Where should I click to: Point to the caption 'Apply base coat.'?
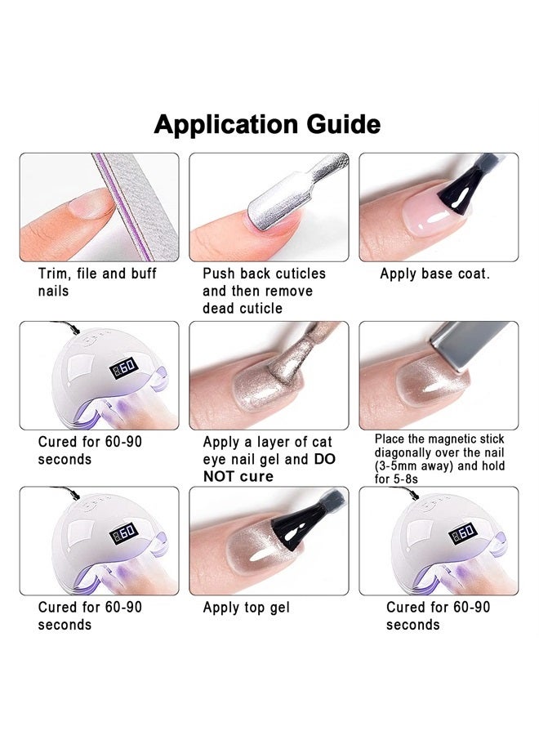point(434,274)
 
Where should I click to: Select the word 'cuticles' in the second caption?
point(293,274)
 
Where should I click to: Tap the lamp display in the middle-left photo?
point(125,368)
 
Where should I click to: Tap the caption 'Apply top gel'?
point(246,608)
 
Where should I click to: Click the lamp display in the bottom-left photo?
point(125,534)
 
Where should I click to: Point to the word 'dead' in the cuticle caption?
point(220,308)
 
